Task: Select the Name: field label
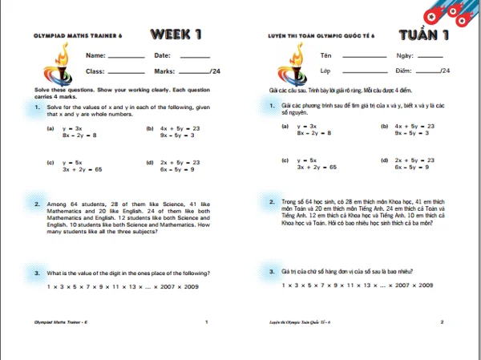click(95, 55)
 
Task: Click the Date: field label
click(162, 55)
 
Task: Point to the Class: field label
click(95, 71)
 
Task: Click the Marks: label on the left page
click(164, 71)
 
